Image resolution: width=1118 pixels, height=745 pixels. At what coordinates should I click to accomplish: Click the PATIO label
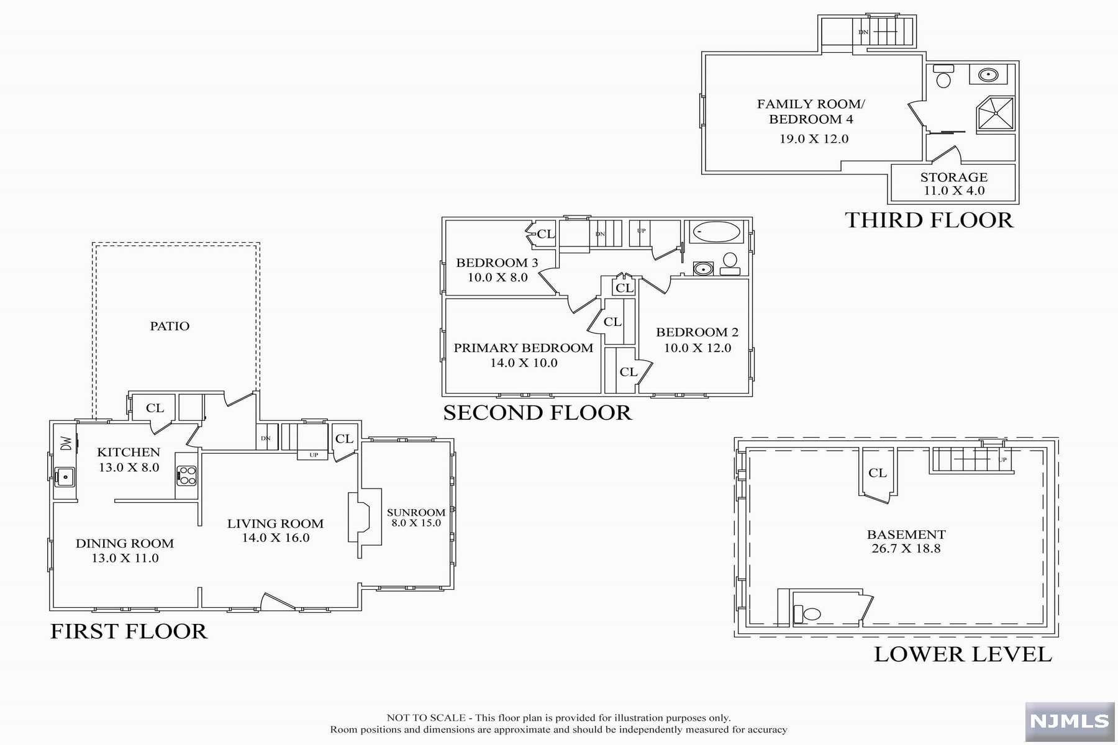pyautogui.click(x=170, y=326)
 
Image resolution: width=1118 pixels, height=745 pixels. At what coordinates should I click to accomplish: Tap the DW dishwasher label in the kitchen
pyautogui.click(x=66, y=443)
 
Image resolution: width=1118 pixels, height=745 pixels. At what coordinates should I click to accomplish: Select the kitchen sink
pyautogui.click(x=65, y=477)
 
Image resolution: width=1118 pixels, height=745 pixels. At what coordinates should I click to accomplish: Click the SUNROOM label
pyautogui.click(x=416, y=512)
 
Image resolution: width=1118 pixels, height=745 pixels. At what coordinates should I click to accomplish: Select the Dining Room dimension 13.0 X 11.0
pyautogui.click(x=125, y=558)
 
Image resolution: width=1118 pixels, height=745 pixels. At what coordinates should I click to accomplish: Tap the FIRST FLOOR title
pyautogui.click(x=129, y=631)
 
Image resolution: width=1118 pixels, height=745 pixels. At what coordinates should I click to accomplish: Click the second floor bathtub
pyautogui.click(x=717, y=233)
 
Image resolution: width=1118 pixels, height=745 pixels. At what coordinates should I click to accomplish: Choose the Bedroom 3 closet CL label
pyautogui.click(x=546, y=234)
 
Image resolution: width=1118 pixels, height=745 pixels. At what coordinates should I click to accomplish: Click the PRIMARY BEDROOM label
pyautogui.click(x=523, y=348)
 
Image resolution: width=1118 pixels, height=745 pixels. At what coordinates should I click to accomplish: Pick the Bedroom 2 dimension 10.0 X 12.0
pyautogui.click(x=698, y=348)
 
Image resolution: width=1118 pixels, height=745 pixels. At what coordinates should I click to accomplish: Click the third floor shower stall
pyautogui.click(x=996, y=114)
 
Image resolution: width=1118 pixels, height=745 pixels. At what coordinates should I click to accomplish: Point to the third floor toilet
pyautogui.click(x=943, y=76)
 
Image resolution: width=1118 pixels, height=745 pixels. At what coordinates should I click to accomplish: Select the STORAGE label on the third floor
pyautogui.click(x=953, y=177)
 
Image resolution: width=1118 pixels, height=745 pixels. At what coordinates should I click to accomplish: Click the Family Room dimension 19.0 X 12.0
pyautogui.click(x=814, y=139)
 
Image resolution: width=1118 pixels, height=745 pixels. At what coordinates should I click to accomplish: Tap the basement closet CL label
pyautogui.click(x=877, y=473)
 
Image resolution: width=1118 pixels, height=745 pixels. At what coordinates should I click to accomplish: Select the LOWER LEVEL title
pyautogui.click(x=963, y=654)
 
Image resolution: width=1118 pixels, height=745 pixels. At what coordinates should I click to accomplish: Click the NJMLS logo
pyautogui.click(x=1070, y=721)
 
